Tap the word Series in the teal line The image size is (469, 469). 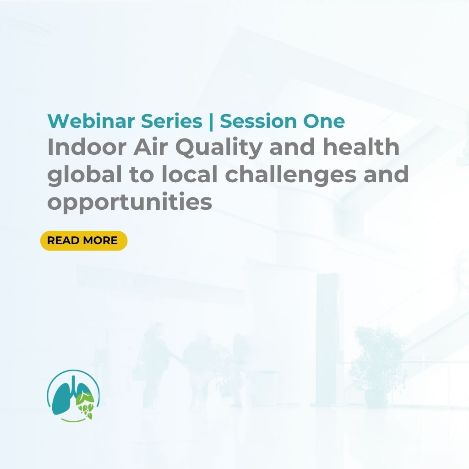[x=171, y=121]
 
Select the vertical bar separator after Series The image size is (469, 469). [x=211, y=121]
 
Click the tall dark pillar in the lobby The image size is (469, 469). [x=326, y=339]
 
